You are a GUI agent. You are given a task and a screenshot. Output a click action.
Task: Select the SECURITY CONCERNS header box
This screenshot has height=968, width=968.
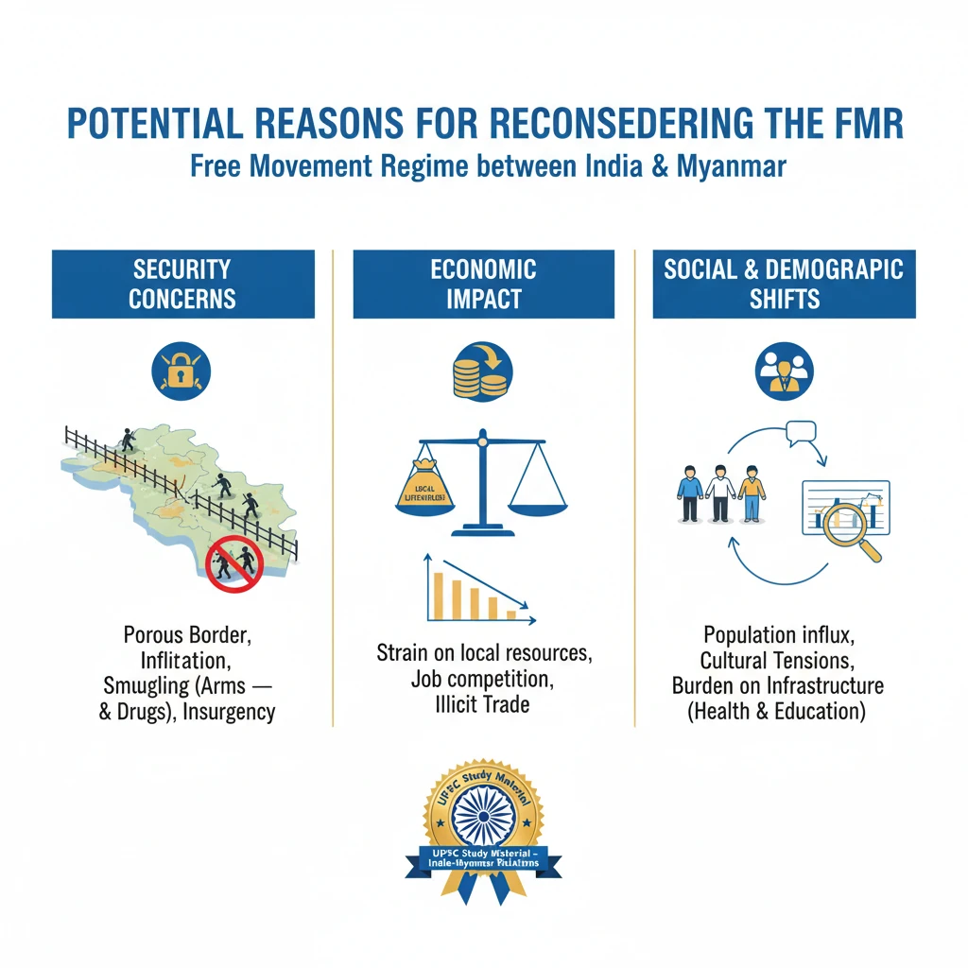point(182,284)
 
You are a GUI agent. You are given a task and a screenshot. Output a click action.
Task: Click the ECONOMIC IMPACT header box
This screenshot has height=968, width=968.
point(483,284)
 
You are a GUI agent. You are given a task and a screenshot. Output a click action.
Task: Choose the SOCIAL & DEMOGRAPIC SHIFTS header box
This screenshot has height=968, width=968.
point(784,284)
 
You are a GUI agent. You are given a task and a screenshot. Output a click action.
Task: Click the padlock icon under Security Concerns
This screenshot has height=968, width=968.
point(182,372)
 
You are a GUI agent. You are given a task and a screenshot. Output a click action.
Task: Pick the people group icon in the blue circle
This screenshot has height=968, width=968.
point(785,372)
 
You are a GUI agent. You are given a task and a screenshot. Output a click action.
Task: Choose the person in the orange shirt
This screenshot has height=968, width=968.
point(752,493)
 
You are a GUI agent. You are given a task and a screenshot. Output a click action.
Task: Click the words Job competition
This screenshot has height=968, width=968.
point(483,678)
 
